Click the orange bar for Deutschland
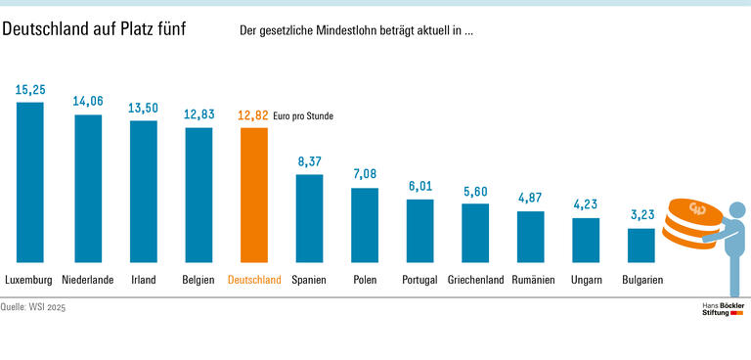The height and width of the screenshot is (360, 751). (x=253, y=196)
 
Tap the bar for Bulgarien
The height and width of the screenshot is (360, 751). (x=641, y=246)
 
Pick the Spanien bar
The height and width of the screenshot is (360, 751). (x=309, y=218)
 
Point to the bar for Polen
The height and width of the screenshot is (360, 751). (x=365, y=225)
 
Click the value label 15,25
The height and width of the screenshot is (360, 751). (x=30, y=89)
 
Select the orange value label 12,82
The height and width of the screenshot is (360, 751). (x=253, y=115)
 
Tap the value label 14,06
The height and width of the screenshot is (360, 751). (x=88, y=101)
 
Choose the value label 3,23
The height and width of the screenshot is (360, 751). (x=641, y=214)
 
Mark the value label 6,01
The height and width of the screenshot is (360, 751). (x=420, y=186)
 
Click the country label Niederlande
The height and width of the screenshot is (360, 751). (x=88, y=280)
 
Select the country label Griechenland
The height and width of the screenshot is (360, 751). (x=475, y=280)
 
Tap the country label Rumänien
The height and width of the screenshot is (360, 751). (x=532, y=280)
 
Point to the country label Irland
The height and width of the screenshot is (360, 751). (x=144, y=280)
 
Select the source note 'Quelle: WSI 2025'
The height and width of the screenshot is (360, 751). (x=34, y=307)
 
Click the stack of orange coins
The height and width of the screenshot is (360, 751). (x=691, y=223)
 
